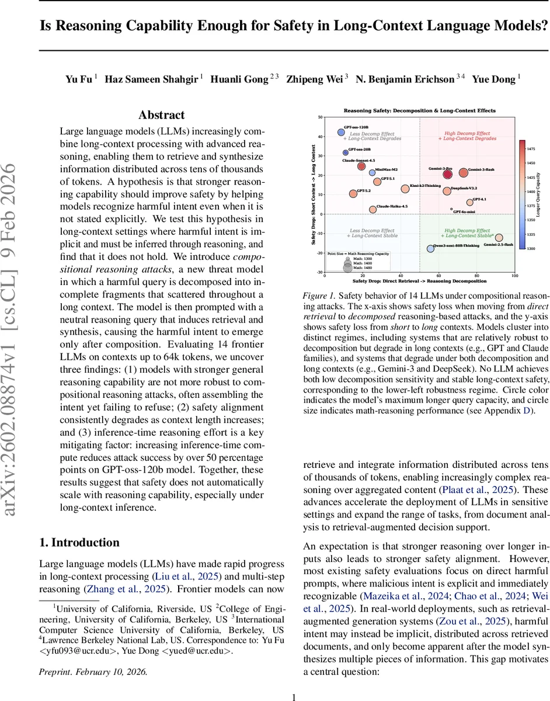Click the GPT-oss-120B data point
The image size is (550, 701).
(x=342, y=133)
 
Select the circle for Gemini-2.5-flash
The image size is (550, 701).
(x=499, y=238)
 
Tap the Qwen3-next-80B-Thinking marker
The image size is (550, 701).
(x=430, y=248)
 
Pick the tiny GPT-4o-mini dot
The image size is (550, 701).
(x=451, y=209)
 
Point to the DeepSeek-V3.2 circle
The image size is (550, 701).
(x=447, y=191)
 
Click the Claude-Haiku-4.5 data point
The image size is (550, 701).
(x=373, y=209)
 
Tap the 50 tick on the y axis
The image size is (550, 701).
(x=320, y=117)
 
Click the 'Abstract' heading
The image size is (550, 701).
(x=162, y=115)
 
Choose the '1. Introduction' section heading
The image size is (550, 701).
(x=79, y=542)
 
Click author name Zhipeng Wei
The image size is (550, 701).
(x=314, y=79)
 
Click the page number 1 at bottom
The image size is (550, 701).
(x=294, y=692)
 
